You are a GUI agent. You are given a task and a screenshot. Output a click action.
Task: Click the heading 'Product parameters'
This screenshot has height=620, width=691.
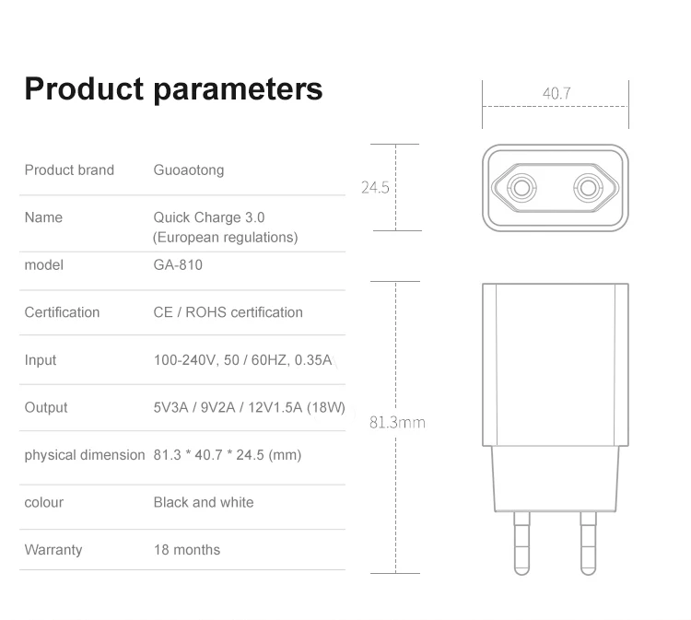(173, 89)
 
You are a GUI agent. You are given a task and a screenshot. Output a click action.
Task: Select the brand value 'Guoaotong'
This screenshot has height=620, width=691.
(188, 170)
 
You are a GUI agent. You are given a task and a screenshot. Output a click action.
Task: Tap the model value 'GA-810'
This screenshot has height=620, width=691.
(178, 264)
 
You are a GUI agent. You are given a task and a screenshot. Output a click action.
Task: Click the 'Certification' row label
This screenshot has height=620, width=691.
(62, 312)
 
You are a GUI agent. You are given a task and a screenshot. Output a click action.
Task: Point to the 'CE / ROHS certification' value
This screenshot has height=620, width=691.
(228, 312)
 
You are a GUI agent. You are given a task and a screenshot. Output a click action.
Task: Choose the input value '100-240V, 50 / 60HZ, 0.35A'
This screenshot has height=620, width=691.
(242, 360)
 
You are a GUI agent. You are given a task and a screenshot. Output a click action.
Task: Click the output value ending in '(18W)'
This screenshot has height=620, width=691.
(249, 407)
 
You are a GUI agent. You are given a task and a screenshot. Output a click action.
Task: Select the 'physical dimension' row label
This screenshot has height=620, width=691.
(85, 455)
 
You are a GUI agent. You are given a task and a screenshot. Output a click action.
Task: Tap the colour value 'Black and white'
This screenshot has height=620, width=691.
(203, 502)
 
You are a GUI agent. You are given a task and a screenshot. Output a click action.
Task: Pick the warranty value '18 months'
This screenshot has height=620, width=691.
(186, 550)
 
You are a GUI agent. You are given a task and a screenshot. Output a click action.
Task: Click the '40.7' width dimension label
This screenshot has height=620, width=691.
(556, 93)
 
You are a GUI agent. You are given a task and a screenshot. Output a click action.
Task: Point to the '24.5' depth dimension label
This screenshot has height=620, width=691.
(375, 187)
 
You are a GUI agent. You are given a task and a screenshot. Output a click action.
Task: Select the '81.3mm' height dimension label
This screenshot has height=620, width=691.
(397, 422)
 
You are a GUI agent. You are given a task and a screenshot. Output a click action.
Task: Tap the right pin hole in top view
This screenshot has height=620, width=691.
(589, 188)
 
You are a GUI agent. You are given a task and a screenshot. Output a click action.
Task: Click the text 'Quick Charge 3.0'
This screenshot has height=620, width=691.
(208, 217)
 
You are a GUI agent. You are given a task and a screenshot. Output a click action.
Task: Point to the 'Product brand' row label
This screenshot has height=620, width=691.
(69, 170)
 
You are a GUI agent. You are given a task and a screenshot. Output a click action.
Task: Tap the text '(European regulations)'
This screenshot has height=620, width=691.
(225, 237)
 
